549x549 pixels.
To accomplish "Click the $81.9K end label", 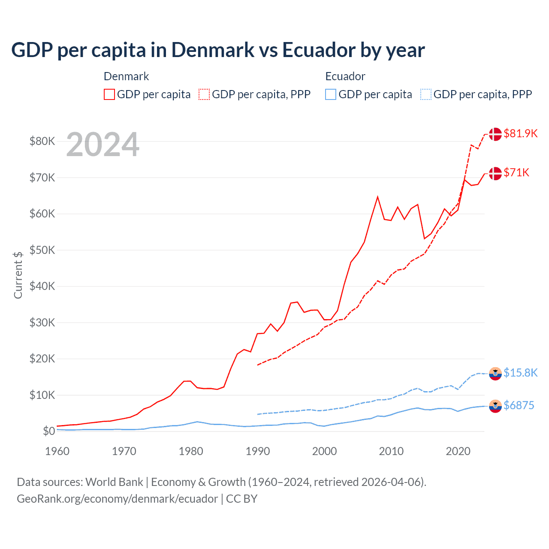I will (x=520, y=133).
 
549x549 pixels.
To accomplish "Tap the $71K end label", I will (x=516, y=172).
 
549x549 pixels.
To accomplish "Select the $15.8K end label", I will (x=520, y=373).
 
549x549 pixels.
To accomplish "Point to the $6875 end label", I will (x=519, y=405).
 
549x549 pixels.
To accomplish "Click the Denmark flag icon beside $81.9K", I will (x=495, y=134).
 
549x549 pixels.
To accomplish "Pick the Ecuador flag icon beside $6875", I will (x=495, y=406).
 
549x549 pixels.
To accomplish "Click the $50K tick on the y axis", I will (x=42, y=250).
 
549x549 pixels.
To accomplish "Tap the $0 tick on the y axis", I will (x=48, y=431).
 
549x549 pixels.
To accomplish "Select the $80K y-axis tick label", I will (x=42, y=141).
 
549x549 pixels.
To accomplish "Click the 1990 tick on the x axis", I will (x=258, y=451).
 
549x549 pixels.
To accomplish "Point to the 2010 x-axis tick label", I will (x=391, y=451).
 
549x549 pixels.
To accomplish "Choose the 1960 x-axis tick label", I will (x=57, y=451).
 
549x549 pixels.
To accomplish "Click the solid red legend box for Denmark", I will (x=109, y=94).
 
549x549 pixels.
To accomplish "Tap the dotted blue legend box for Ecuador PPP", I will (x=426, y=94).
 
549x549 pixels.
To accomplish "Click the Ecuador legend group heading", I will (x=345, y=76).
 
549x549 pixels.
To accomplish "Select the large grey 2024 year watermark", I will (x=103, y=145).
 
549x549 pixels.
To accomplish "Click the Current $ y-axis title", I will (x=18, y=275).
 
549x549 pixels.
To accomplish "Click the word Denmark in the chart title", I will (x=213, y=50).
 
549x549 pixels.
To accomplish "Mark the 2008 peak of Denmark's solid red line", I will (x=377, y=197).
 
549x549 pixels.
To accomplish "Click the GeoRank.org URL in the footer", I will (x=117, y=499).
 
